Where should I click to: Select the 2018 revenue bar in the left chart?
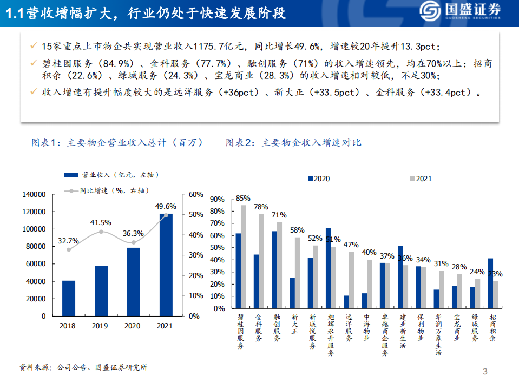pos(69,298)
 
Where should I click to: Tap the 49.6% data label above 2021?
pos(166,206)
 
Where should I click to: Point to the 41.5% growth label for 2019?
pos(101,222)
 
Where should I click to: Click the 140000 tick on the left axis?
pos(34,194)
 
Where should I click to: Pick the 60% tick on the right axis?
pos(195,194)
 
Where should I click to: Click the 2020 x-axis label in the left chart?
pos(133,326)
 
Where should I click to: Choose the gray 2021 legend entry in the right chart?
pos(421,179)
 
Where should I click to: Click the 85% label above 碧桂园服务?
pos(243,198)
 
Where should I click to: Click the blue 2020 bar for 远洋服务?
pos(346,302)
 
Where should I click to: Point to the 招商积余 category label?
pos(492,328)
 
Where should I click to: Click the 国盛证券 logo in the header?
pos(461,11)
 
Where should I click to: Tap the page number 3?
pos(485,371)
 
